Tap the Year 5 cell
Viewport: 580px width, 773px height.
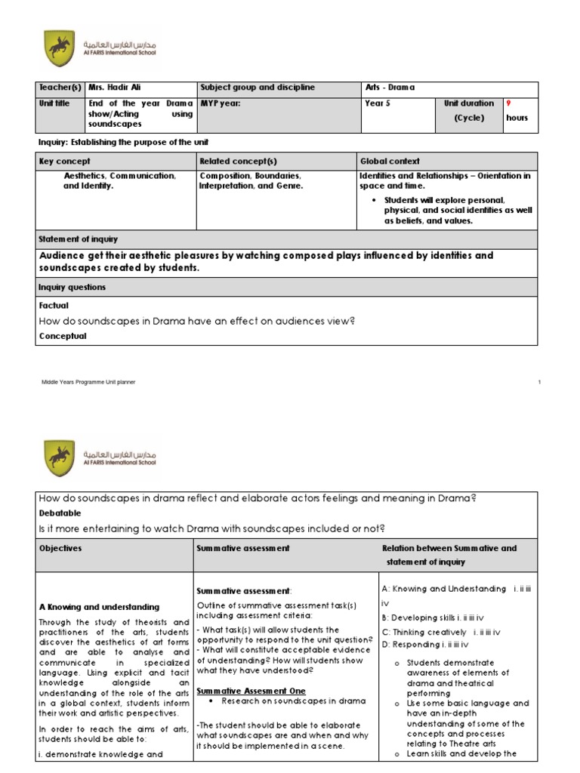[x=378, y=103]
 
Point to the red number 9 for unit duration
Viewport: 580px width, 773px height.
[x=508, y=103]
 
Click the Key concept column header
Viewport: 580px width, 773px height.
[x=64, y=162]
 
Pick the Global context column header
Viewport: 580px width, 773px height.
[x=390, y=162]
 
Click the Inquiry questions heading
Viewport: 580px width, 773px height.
[x=72, y=288]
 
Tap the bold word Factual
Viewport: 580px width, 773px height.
[x=53, y=306]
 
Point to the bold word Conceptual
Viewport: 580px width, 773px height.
[x=62, y=336]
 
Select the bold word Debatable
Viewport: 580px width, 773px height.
[x=60, y=512]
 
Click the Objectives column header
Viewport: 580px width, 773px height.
[x=60, y=548]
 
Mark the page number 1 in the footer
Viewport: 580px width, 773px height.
[x=540, y=383]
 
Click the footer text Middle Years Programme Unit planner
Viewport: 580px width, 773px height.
[x=88, y=383]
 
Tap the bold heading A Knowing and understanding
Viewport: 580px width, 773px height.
[x=99, y=607]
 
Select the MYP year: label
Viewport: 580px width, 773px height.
[x=219, y=103]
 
